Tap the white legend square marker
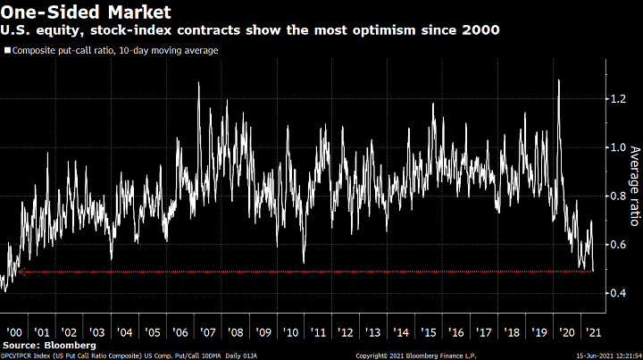click(x=7, y=50)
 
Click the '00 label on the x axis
click(x=15, y=330)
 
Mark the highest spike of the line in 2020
click(x=558, y=80)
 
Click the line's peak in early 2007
click(x=197, y=84)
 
